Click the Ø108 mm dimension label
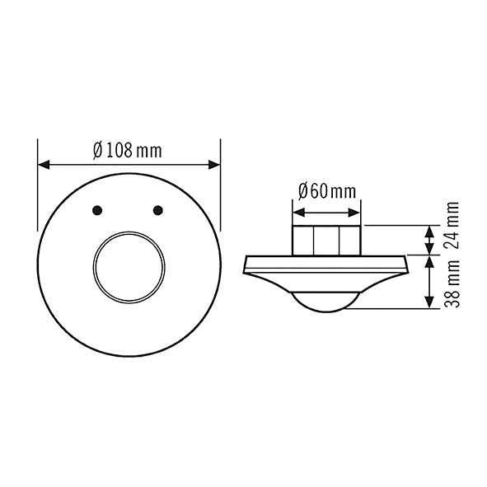tap(128, 151)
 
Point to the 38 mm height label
tap(452, 283)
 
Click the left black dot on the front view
tap(97, 210)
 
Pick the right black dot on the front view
tap(158, 210)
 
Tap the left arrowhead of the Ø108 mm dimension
tap(44, 165)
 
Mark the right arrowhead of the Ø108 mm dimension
tap(214, 165)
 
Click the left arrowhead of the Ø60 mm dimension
tap(298, 213)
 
